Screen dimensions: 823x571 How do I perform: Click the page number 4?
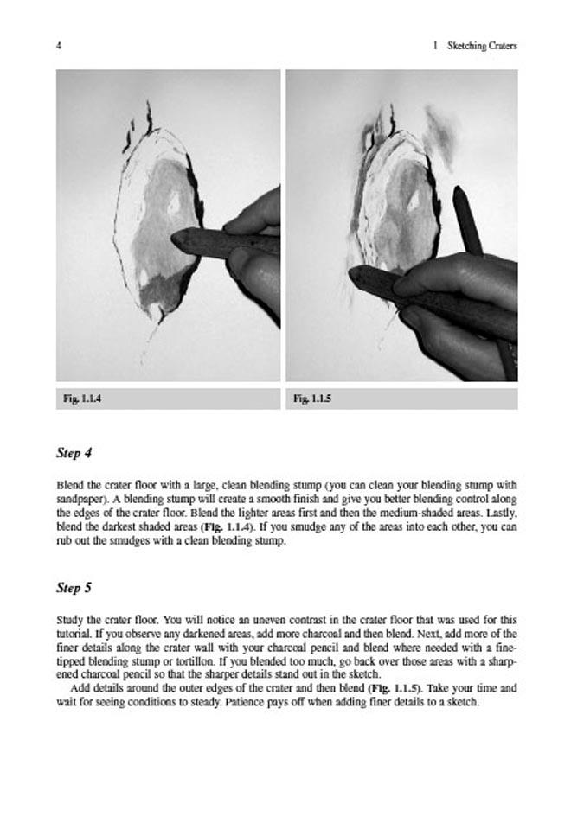[58, 45]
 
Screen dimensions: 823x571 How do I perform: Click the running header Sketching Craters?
[482, 45]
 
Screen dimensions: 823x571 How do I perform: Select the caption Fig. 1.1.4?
[83, 399]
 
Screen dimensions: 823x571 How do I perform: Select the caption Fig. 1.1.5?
[313, 399]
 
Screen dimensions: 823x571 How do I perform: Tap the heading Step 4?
[74, 453]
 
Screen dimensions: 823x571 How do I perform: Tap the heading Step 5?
[74, 588]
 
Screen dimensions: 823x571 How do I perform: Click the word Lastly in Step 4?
[497, 512]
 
